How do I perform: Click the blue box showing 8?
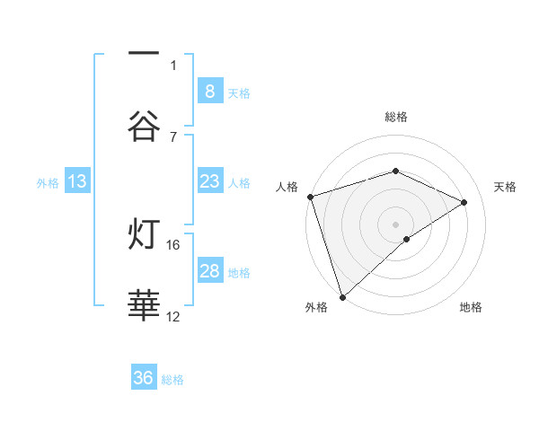209,92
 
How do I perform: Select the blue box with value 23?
209,181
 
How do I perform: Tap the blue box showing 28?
209,271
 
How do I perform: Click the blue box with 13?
77,181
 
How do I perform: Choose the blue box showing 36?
144,378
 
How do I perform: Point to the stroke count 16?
173,244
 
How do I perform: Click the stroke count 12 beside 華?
173,316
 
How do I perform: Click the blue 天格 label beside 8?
239,92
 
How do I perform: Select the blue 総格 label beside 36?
172,379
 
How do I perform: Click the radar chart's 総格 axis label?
395,117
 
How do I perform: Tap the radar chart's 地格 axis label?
471,307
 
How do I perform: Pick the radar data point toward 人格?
310,197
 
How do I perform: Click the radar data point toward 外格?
342,296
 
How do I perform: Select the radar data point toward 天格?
464,202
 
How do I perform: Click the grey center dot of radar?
395,224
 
